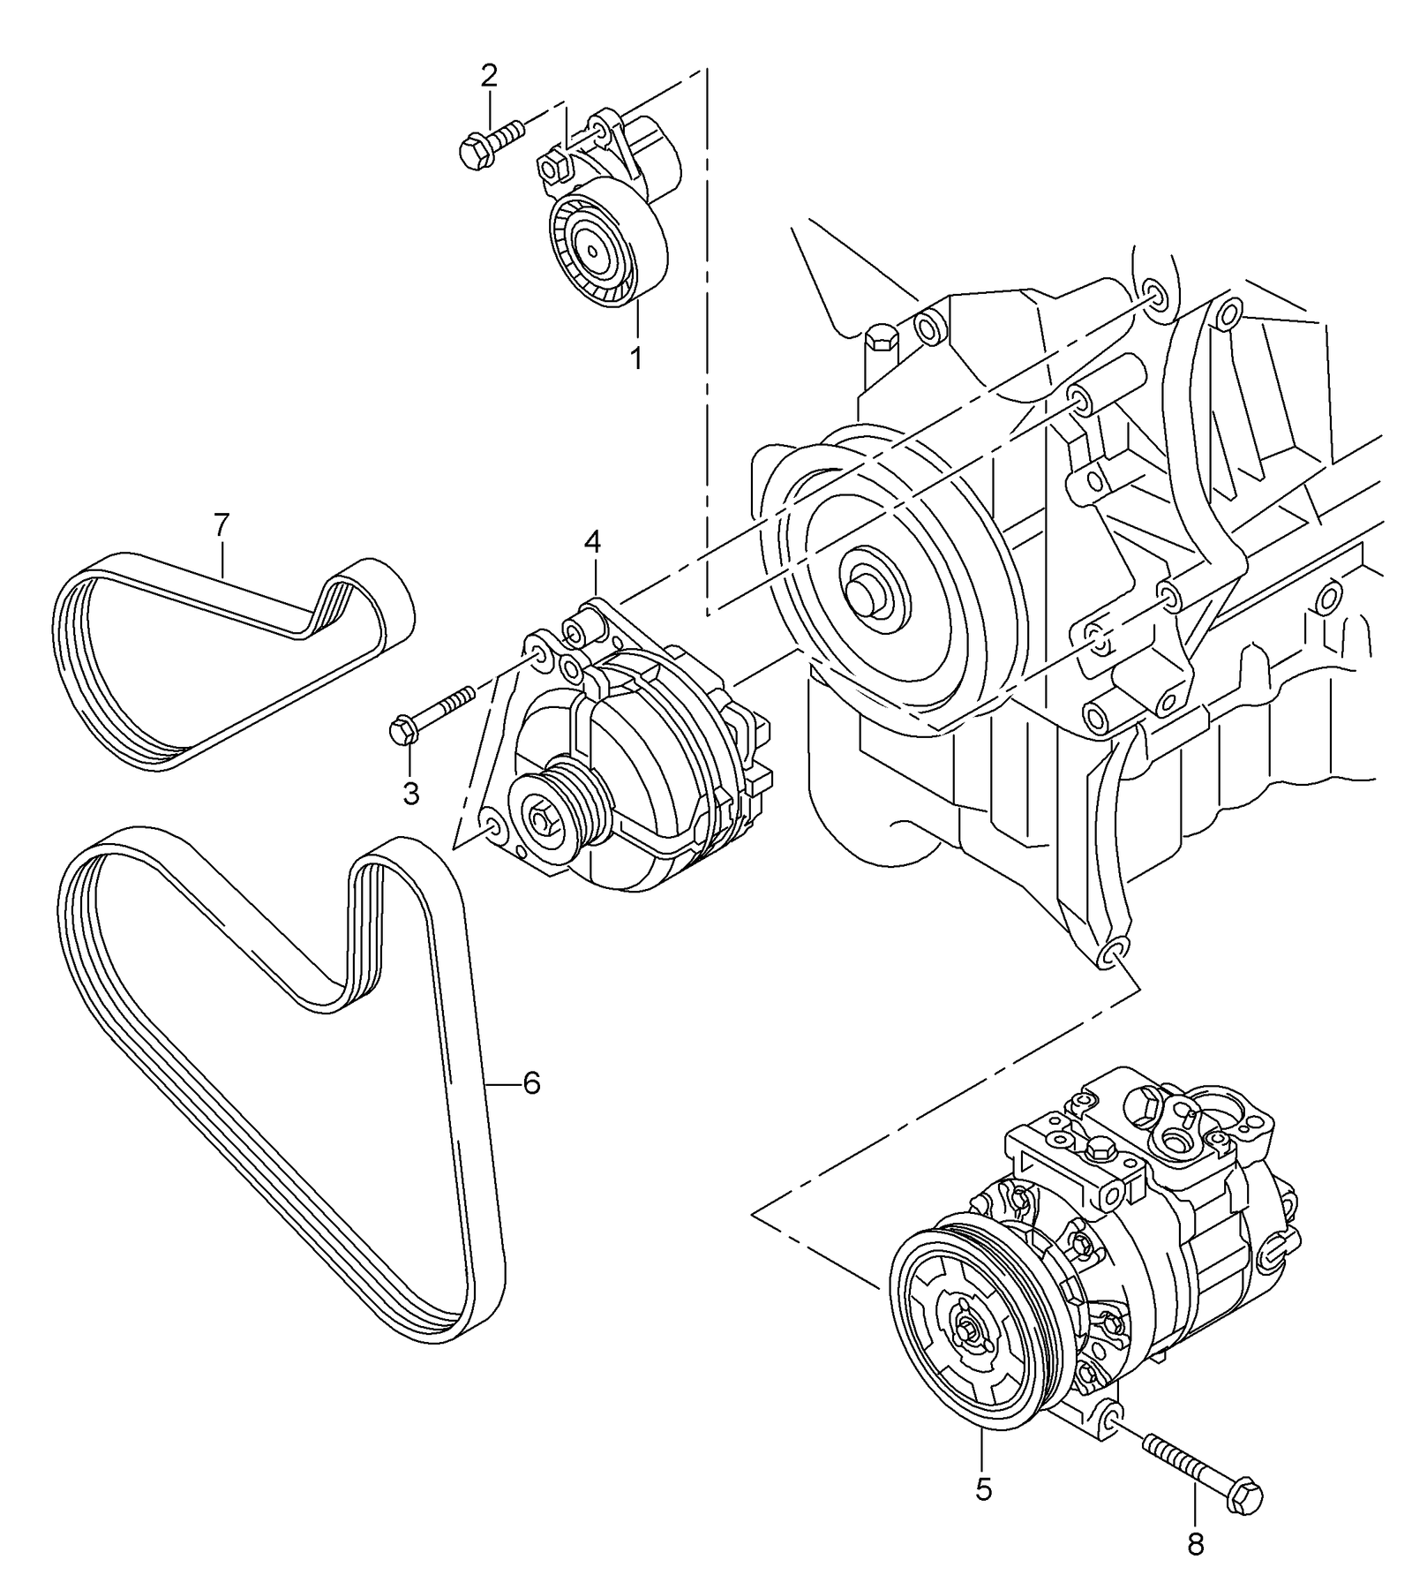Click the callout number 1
635,359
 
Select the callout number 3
411,794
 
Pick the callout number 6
531,1082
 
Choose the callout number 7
221,525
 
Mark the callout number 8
1195,1544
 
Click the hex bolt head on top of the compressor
1098,1148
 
